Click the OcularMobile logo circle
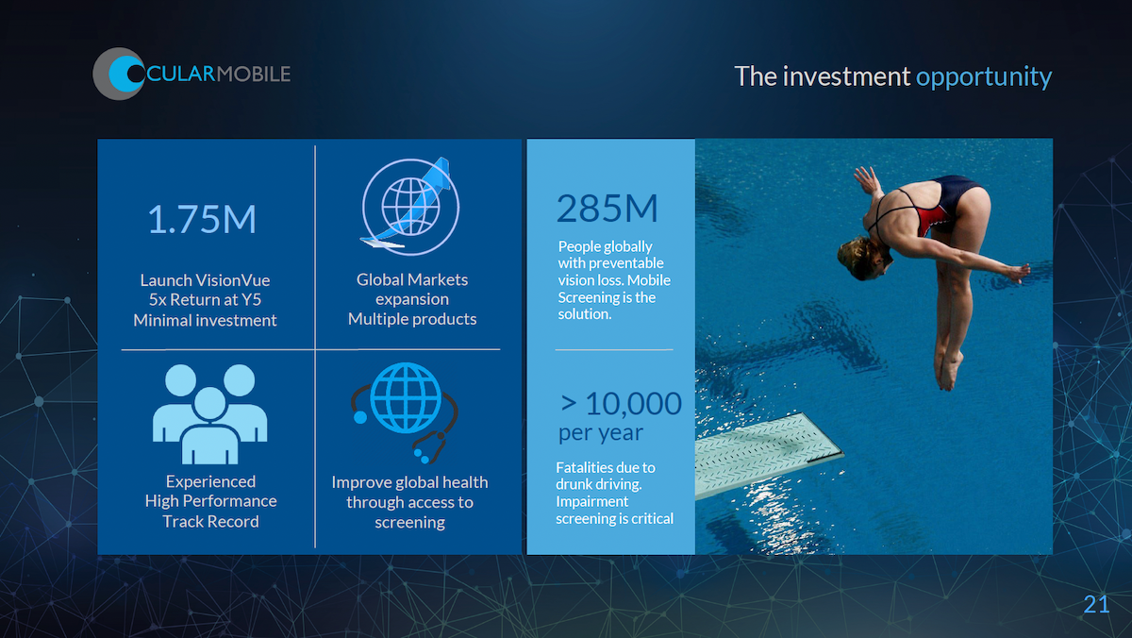(x=119, y=74)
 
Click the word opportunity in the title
(x=984, y=77)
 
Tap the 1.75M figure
(x=202, y=219)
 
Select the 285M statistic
(x=607, y=209)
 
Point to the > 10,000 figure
(x=621, y=403)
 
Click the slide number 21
(x=1096, y=604)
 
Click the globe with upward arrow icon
(x=411, y=207)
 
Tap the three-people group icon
(x=209, y=414)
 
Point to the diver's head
(x=863, y=258)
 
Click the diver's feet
(x=949, y=371)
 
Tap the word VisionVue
(x=233, y=280)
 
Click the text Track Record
(x=210, y=521)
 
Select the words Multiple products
(x=412, y=319)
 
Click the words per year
(x=601, y=434)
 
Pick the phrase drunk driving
(x=599, y=484)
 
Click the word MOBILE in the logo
(x=254, y=75)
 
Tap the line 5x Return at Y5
(x=205, y=300)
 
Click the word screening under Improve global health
(x=409, y=522)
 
